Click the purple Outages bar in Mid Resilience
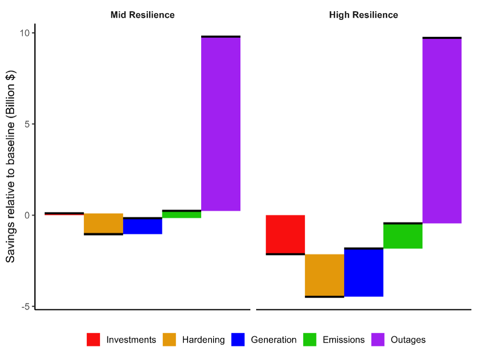[x=221, y=124]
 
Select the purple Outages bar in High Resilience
[x=442, y=131]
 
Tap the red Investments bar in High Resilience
[x=285, y=234]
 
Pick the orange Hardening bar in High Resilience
[x=324, y=275]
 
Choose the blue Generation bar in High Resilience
[x=363, y=273]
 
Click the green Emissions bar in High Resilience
[x=403, y=236]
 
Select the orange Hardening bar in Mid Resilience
[x=103, y=223]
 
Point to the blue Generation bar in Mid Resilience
[x=142, y=226]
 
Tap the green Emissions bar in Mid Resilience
[x=181, y=214]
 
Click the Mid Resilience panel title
[x=142, y=15]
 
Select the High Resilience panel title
[x=363, y=15]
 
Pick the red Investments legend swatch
[x=94, y=340]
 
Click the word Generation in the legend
[x=274, y=340]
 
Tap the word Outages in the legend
[x=408, y=340]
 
